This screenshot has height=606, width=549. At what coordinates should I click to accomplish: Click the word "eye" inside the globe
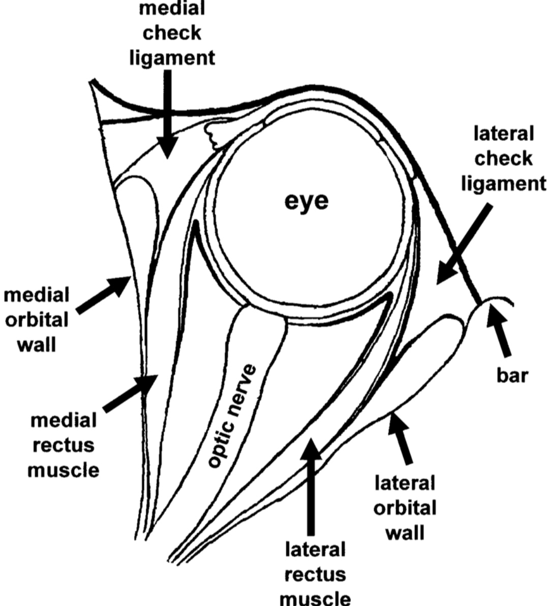tap(306, 202)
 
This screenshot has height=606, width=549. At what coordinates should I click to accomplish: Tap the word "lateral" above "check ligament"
tap(504, 134)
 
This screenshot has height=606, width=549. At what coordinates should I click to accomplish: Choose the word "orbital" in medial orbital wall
tap(37, 321)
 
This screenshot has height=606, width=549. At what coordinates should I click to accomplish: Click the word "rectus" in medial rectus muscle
tap(63, 445)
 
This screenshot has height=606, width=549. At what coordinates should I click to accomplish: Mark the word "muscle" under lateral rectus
tap(315, 598)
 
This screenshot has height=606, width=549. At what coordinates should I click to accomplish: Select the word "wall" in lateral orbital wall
tap(405, 533)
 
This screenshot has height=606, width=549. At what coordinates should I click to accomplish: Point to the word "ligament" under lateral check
tap(504, 183)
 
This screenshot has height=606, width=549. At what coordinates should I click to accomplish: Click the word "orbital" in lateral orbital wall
tap(405, 508)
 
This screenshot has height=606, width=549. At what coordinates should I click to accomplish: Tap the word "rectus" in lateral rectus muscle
tap(315, 574)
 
